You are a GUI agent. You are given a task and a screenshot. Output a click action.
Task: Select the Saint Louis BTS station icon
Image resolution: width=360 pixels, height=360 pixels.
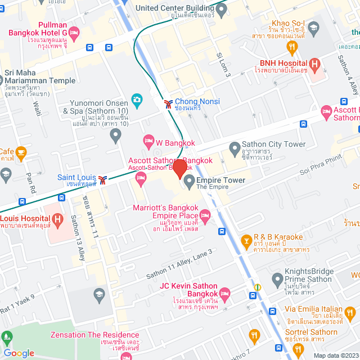tap(102, 179)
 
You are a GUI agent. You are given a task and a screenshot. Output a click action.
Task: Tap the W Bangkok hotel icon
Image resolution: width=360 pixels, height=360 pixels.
tap(148, 139)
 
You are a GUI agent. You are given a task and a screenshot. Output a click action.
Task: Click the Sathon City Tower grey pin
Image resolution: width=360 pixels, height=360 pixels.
tap(234, 148)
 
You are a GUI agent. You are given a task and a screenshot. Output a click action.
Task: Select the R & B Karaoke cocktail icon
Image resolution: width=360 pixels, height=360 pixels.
tap(245, 241)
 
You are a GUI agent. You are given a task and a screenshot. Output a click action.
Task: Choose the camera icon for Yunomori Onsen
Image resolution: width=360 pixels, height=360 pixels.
tap(136, 100)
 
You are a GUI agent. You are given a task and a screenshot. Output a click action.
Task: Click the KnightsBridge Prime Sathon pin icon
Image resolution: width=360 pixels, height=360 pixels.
tap(277, 278)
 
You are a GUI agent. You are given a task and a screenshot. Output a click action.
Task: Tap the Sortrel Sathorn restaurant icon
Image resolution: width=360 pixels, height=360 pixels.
tap(255, 336)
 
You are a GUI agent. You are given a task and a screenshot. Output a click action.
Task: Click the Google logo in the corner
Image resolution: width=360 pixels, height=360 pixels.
tap(19, 353)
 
